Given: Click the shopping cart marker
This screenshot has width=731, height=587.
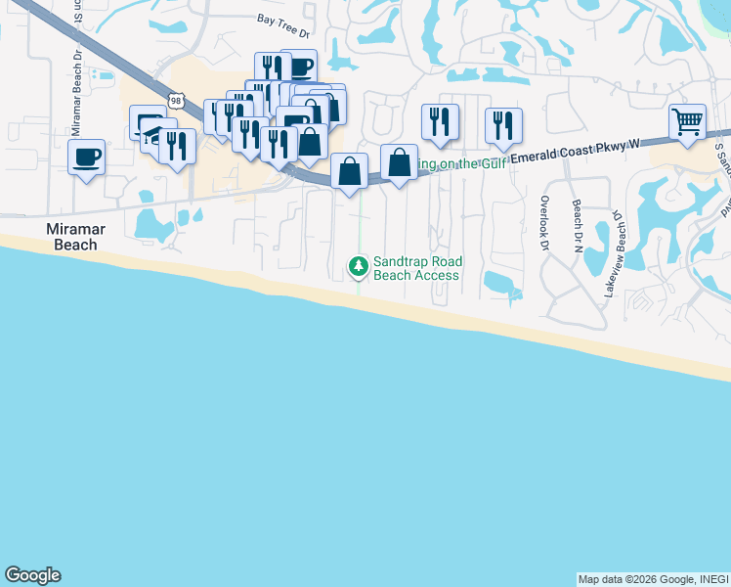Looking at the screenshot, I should coord(688,123).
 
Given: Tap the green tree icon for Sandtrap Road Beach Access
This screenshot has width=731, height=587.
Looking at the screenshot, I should coord(359,265).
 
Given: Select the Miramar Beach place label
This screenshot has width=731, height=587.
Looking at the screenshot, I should coord(74,236).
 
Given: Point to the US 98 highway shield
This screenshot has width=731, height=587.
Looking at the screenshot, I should coord(176,100).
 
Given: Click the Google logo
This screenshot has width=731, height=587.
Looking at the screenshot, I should coord(32,575).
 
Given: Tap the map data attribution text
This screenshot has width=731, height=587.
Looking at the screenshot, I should coord(652,579).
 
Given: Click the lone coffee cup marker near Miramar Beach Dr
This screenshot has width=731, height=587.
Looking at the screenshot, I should coord(86,156).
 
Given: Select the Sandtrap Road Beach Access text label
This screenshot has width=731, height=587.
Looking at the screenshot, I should coord(417,268).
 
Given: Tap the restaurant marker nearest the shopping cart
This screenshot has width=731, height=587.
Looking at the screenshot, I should coord(503,124).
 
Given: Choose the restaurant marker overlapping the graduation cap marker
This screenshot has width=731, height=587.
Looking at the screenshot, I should coord(177,146).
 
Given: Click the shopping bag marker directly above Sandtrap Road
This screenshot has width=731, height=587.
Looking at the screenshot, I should coord(349,171).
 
